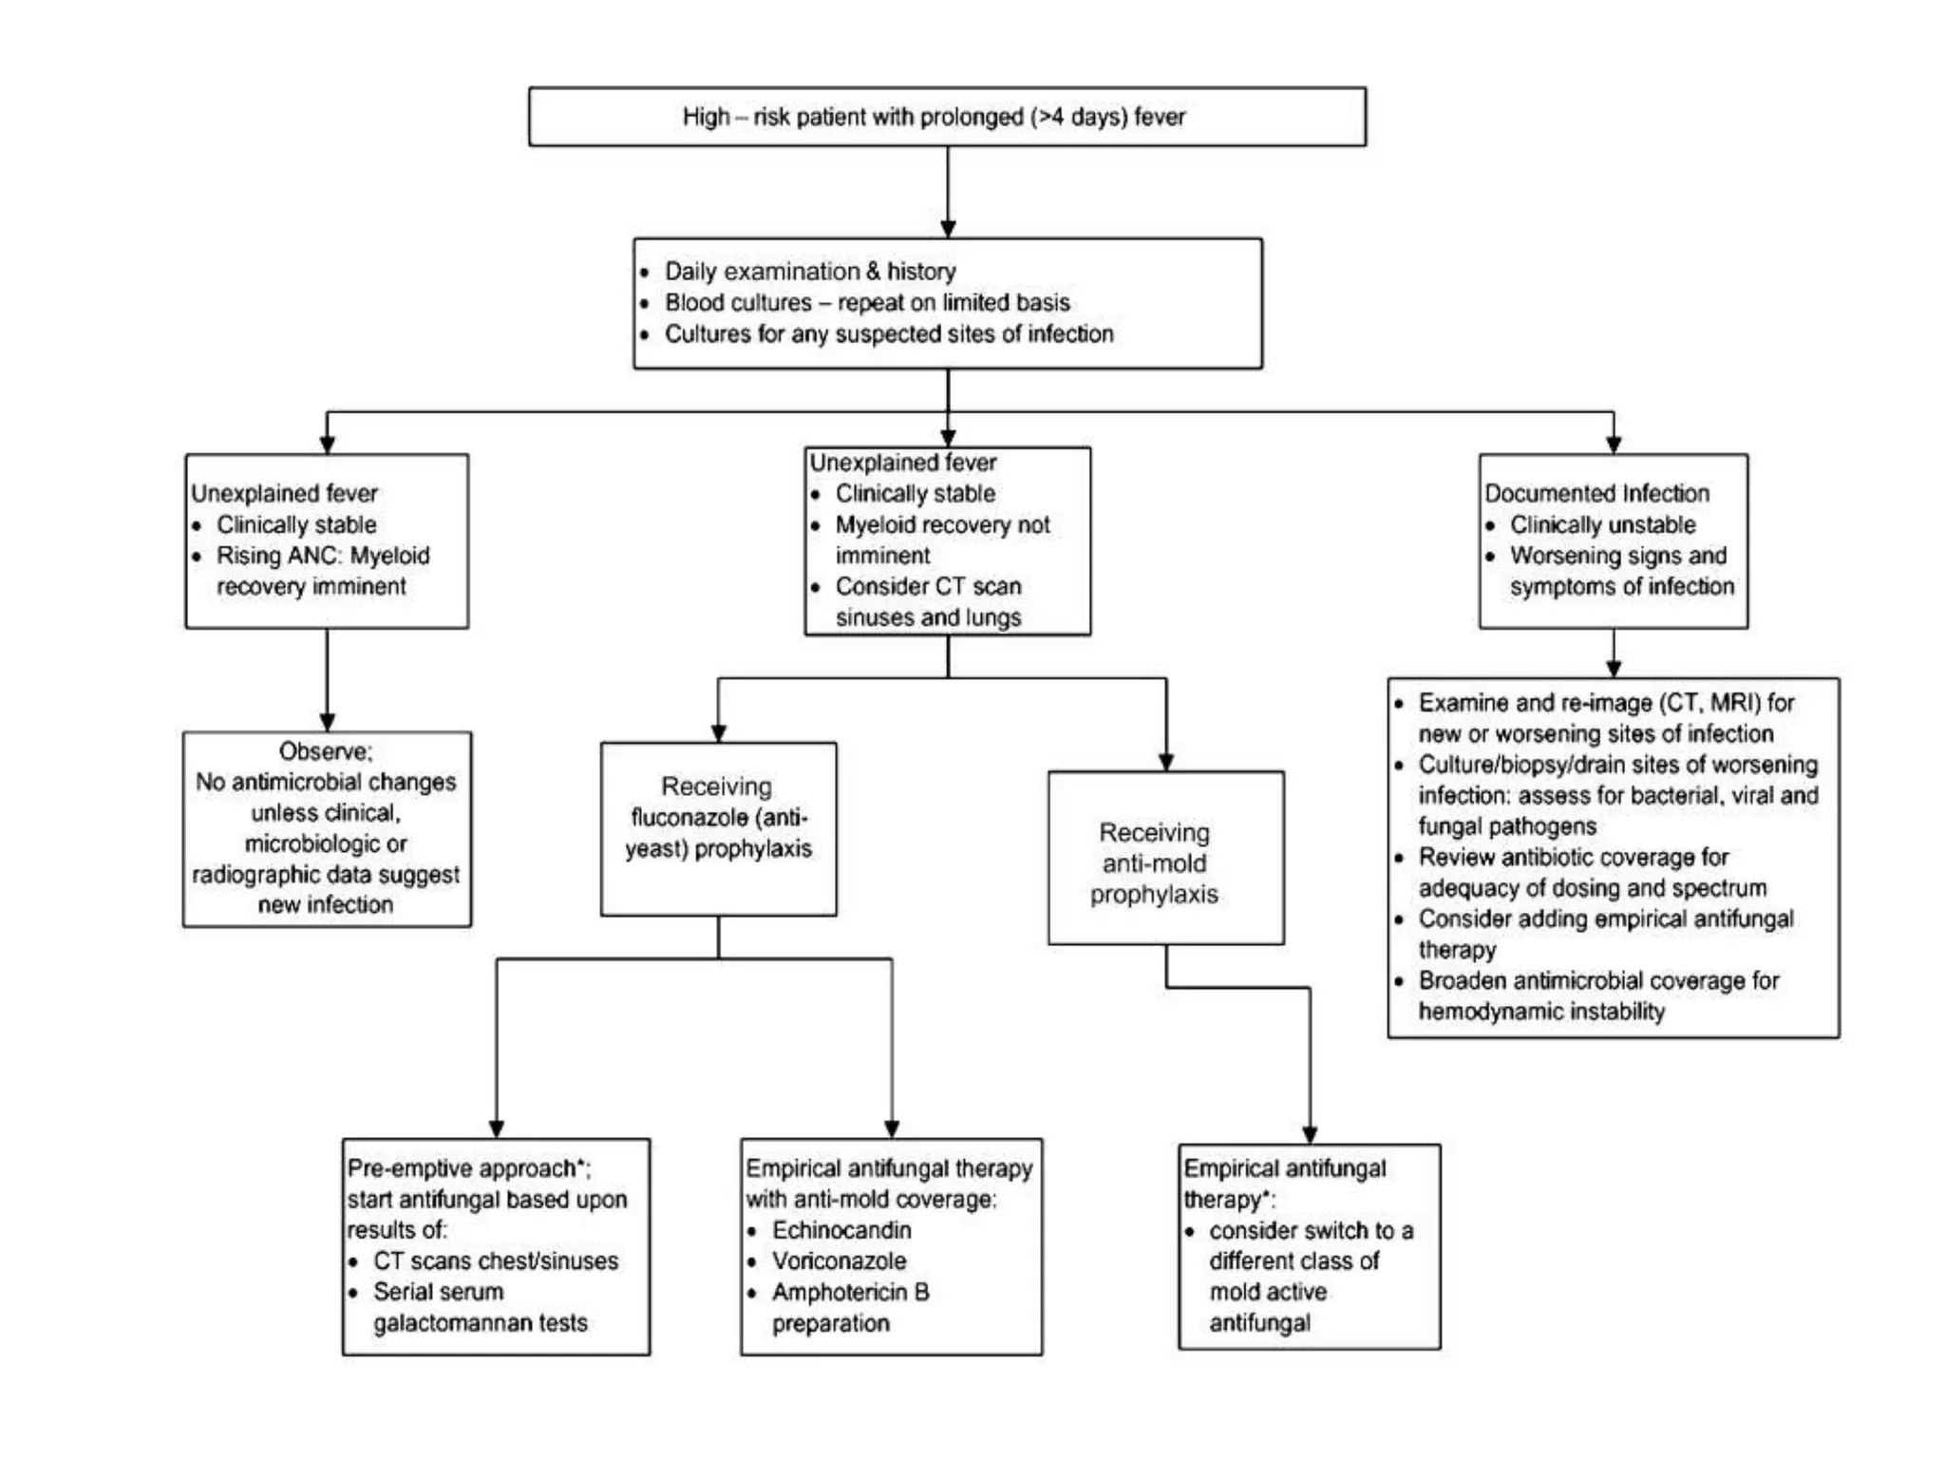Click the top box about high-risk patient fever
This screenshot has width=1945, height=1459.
[x=947, y=117]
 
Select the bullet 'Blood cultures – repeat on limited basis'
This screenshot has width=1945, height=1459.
[x=866, y=303]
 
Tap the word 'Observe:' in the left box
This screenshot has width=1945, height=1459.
[x=326, y=751]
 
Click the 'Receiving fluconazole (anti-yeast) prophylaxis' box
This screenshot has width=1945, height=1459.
[x=718, y=828]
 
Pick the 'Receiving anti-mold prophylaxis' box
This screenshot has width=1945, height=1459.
[x=1165, y=858]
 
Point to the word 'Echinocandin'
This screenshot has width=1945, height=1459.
[x=841, y=1230]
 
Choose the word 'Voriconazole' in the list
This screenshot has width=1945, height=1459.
[x=839, y=1261]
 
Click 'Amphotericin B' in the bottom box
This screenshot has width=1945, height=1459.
[x=850, y=1292]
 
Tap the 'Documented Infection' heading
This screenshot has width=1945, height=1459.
[x=1596, y=493]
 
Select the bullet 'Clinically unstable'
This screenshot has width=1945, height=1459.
[x=1602, y=524]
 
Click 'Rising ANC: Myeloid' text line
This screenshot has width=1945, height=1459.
[x=323, y=556]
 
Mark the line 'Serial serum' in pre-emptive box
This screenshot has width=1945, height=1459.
[x=438, y=1292]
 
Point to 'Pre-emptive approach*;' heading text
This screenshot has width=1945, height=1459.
[x=468, y=1168]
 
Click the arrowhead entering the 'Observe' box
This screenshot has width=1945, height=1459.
[x=327, y=722]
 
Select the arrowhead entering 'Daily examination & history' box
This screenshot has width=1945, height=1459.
[x=948, y=229]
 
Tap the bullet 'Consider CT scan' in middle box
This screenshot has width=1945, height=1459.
[x=928, y=586]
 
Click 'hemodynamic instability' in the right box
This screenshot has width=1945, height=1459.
[x=1540, y=1012]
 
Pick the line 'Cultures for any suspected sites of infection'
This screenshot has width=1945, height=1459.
[x=888, y=334]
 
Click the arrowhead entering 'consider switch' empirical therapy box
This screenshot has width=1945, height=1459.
[x=1310, y=1134]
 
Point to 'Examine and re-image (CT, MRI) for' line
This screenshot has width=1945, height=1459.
[x=1605, y=703]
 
